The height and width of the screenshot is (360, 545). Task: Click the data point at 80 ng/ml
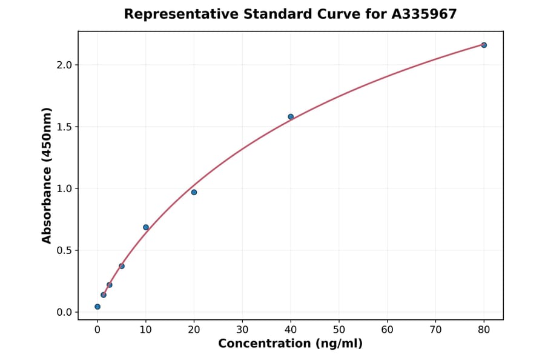point(484,45)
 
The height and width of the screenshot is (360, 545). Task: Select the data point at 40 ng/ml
point(291,116)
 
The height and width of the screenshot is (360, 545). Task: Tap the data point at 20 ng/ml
point(194,192)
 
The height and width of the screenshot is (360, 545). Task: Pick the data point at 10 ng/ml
point(146,227)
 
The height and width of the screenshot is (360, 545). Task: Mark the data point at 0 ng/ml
point(97,307)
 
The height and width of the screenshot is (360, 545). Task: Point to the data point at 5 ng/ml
point(122,266)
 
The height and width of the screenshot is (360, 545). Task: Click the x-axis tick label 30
point(242,330)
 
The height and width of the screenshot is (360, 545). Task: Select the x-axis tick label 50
point(339,330)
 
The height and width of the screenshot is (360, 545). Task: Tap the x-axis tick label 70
point(435,330)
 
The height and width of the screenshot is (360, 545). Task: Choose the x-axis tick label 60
point(388,330)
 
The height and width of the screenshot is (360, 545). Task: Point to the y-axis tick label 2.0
point(64,65)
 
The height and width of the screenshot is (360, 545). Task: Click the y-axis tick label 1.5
point(64,127)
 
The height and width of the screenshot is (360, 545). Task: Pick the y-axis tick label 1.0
point(64,188)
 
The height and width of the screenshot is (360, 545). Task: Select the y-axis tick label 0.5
point(64,250)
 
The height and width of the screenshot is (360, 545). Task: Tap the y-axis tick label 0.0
point(64,312)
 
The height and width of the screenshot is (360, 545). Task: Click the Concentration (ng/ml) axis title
point(291,344)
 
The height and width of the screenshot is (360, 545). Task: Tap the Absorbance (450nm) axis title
point(47,175)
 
